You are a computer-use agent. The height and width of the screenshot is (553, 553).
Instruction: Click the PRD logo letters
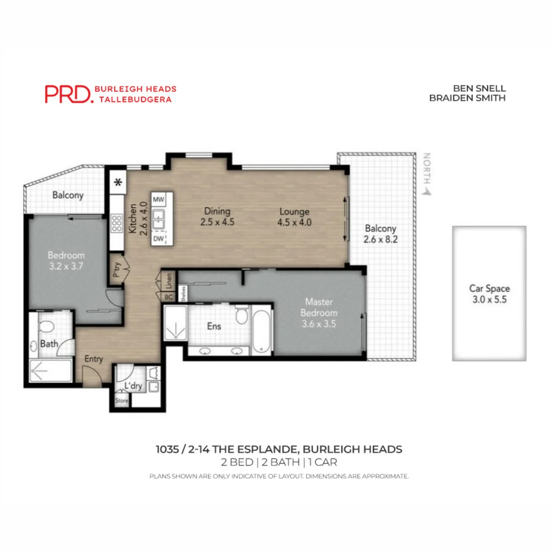point(68,94)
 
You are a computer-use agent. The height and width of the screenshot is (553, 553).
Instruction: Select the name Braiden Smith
point(467,97)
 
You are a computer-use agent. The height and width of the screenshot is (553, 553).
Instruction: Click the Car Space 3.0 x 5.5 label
point(489,294)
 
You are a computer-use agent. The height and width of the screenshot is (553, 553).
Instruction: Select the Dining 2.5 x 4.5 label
point(217,217)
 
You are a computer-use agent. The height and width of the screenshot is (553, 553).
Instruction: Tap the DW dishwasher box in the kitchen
point(159,238)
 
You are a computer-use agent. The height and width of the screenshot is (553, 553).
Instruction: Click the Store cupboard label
point(121,400)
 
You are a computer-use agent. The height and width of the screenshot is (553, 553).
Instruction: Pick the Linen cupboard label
point(169,280)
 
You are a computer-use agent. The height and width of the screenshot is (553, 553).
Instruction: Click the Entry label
point(94,359)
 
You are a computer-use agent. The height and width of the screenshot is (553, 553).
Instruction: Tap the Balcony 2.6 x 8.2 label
point(379,233)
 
